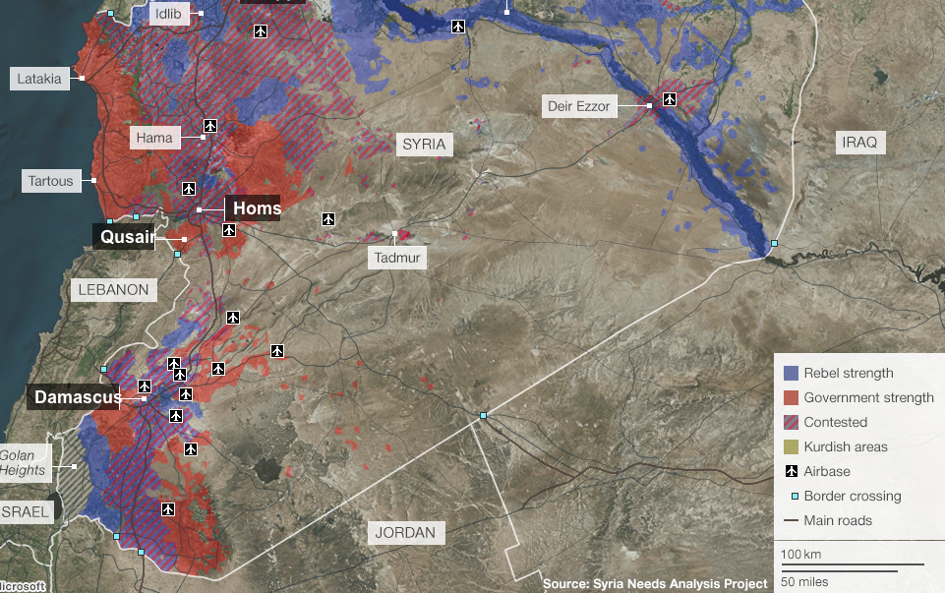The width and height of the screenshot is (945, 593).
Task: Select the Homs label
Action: tap(254, 208)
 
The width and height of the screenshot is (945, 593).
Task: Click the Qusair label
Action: tap(124, 237)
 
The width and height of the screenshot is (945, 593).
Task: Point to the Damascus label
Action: tap(77, 397)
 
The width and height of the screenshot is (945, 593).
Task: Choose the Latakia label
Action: tap(39, 79)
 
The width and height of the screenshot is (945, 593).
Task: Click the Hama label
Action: tap(154, 138)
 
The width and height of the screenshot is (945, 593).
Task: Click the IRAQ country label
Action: tap(858, 143)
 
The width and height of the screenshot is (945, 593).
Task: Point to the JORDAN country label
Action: tap(405, 533)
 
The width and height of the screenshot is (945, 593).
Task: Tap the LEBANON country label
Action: tap(114, 289)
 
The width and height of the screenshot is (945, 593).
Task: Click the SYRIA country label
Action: tap(424, 145)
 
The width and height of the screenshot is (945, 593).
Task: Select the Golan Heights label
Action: tap(23, 462)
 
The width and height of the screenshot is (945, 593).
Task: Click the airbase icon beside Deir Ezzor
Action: tap(670, 99)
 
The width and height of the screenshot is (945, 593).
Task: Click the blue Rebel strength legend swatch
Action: tap(791, 373)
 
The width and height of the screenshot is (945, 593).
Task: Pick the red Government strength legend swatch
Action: tap(791, 397)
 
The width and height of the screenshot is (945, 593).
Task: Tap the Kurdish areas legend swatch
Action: tap(791, 446)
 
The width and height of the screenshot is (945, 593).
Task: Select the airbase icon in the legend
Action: tap(791, 471)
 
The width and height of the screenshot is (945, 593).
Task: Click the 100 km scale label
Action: tap(801, 555)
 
